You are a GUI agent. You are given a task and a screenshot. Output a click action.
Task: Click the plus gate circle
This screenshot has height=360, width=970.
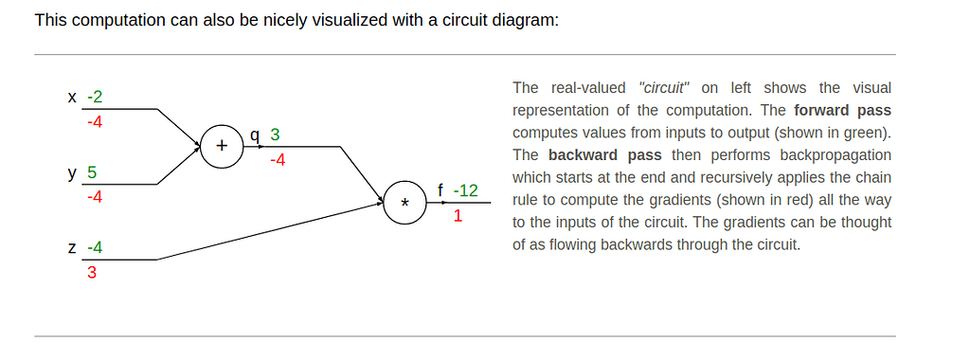[223, 147]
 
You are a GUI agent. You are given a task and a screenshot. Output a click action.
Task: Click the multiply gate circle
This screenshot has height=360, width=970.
[405, 203]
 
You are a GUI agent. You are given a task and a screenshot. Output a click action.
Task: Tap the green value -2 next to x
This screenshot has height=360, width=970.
[95, 97]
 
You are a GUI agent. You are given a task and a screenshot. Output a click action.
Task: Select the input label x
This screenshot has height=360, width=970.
[73, 97]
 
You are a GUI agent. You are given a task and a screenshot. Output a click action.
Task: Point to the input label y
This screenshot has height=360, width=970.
[73, 173]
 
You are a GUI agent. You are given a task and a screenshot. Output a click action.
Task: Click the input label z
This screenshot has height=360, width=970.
[73, 248]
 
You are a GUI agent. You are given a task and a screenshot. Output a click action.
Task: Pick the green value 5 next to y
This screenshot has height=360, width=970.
[92, 173]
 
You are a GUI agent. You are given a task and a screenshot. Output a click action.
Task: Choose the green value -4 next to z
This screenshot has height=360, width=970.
[95, 248]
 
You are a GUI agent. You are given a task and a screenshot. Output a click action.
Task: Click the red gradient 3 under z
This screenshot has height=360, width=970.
[92, 273]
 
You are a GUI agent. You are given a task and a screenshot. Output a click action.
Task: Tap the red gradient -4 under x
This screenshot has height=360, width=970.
[95, 121]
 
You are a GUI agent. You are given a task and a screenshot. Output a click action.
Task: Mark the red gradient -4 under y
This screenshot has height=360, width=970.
[95, 197]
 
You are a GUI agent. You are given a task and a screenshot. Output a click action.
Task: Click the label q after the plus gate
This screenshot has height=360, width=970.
[254, 135]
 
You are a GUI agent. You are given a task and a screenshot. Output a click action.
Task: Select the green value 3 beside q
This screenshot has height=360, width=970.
[275, 135]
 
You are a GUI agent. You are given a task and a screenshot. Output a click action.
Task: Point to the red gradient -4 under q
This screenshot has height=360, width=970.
[278, 160]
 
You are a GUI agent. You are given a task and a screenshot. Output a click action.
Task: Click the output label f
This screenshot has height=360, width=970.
[440, 191]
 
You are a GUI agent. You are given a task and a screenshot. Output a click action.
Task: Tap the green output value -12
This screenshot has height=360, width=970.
[466, 191]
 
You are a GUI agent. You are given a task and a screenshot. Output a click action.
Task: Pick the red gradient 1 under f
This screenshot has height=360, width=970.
[458, 216]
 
